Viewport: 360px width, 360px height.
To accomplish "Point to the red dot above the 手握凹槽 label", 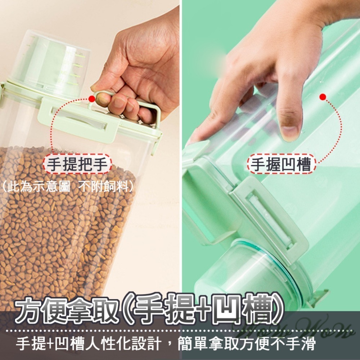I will tap(323, 96).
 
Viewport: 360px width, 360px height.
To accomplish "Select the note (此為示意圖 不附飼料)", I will tap(68, 186).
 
